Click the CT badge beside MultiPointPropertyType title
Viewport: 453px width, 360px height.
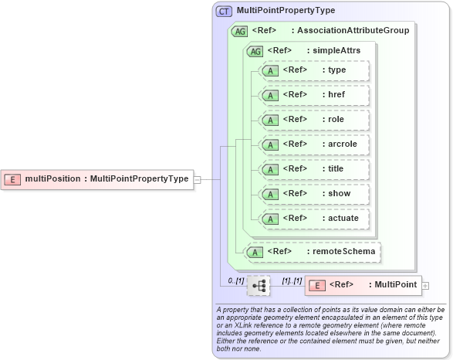(x=225, y=11)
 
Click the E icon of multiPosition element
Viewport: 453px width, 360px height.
(x=12, y=178)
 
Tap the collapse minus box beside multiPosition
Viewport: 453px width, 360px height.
(x=198, y=178)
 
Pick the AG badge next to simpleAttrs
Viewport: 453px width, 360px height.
(x=254, y=51)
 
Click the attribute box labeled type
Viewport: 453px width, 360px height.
(x=315, y=70)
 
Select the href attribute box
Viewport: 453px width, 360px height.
(x=315, y=95)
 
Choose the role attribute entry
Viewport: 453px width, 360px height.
(x=315, y=120)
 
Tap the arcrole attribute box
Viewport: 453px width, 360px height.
(x=315, y=144)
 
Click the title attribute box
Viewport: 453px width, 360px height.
(x=315, y=169)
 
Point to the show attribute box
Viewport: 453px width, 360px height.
(x=315, y=194)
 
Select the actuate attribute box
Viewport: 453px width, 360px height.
(x=315, y=219)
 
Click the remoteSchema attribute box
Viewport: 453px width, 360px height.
(x=313, y=251)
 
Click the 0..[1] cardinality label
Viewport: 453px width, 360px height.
(x=235, y=279)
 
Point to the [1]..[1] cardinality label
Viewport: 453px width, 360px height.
(x=291, y=279)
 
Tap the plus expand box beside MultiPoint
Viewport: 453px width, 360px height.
(x=426, y=286)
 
